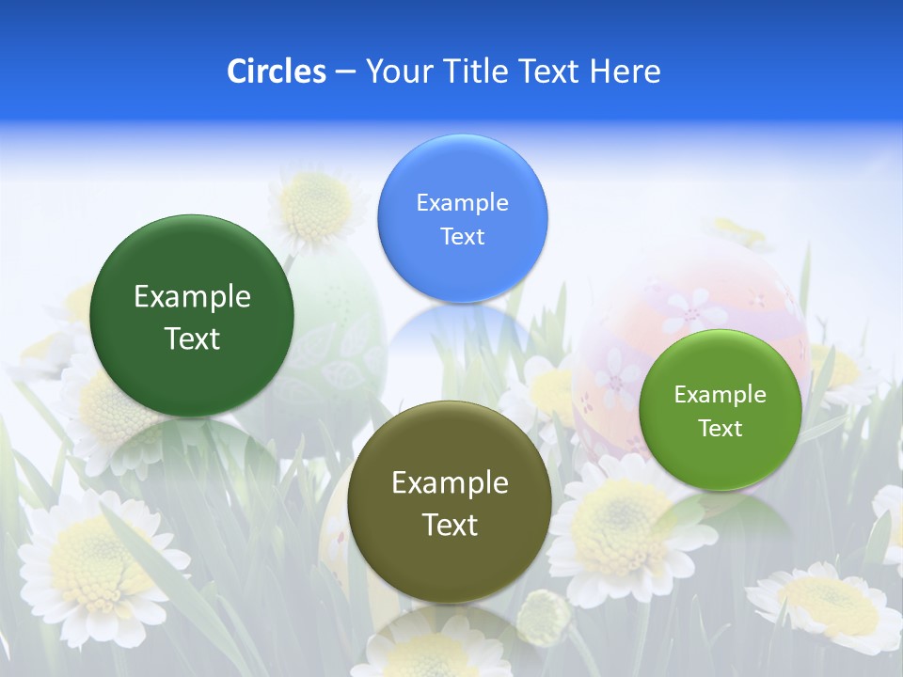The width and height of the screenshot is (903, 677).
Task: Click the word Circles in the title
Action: [277, 71]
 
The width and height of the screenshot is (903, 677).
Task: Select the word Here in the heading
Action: [626, 71]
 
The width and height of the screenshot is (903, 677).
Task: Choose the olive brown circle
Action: [450, 564]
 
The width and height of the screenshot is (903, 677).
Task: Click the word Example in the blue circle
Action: [462, 203]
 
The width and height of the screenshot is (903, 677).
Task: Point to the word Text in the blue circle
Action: [462, 237]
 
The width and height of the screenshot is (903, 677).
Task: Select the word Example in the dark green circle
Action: [192, 297]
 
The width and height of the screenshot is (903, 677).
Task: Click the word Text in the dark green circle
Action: [192, 338]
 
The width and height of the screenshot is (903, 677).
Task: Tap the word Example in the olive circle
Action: [450, 483]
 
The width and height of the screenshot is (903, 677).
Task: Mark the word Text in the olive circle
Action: [450, 525]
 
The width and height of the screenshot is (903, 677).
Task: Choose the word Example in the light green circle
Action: [721, 395]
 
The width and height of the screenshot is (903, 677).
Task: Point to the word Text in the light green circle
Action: [721, 429]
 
